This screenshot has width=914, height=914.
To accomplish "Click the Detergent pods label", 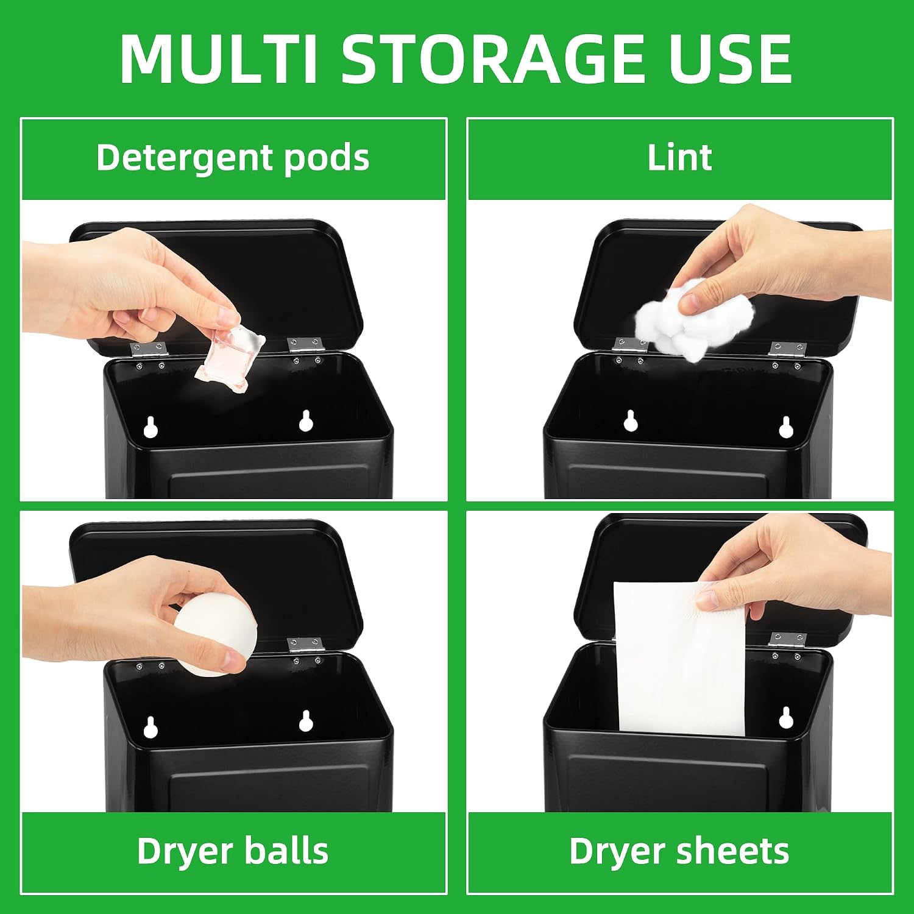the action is point(233,158).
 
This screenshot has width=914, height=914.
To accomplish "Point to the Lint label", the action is point(679,158).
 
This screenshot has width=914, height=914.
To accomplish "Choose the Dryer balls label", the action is point(233,851).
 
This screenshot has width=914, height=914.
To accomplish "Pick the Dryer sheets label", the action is point(679,851).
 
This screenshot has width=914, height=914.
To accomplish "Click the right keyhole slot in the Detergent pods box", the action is point(306,420).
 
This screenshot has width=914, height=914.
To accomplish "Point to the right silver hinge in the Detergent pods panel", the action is point(305,345).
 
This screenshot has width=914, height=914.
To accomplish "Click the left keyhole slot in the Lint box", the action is point(631,420).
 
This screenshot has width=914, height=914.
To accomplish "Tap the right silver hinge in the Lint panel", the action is point(787,349).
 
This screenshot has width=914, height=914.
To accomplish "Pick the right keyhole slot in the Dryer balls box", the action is point(306,721).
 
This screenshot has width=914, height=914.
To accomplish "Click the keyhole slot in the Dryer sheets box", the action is point(785,718).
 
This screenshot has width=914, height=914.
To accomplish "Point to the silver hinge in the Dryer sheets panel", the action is point(787,640).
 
